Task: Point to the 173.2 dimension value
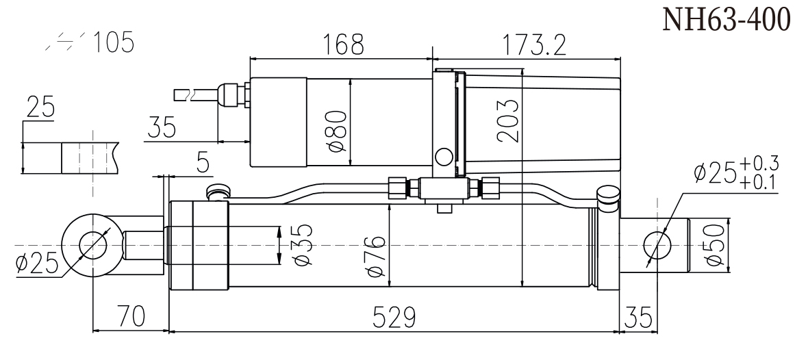click(x=531, y=47)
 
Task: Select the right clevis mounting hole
click(x=657, y=244)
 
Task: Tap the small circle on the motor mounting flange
click(x=444, y=157)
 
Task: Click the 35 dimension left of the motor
click(x=162, y=127)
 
